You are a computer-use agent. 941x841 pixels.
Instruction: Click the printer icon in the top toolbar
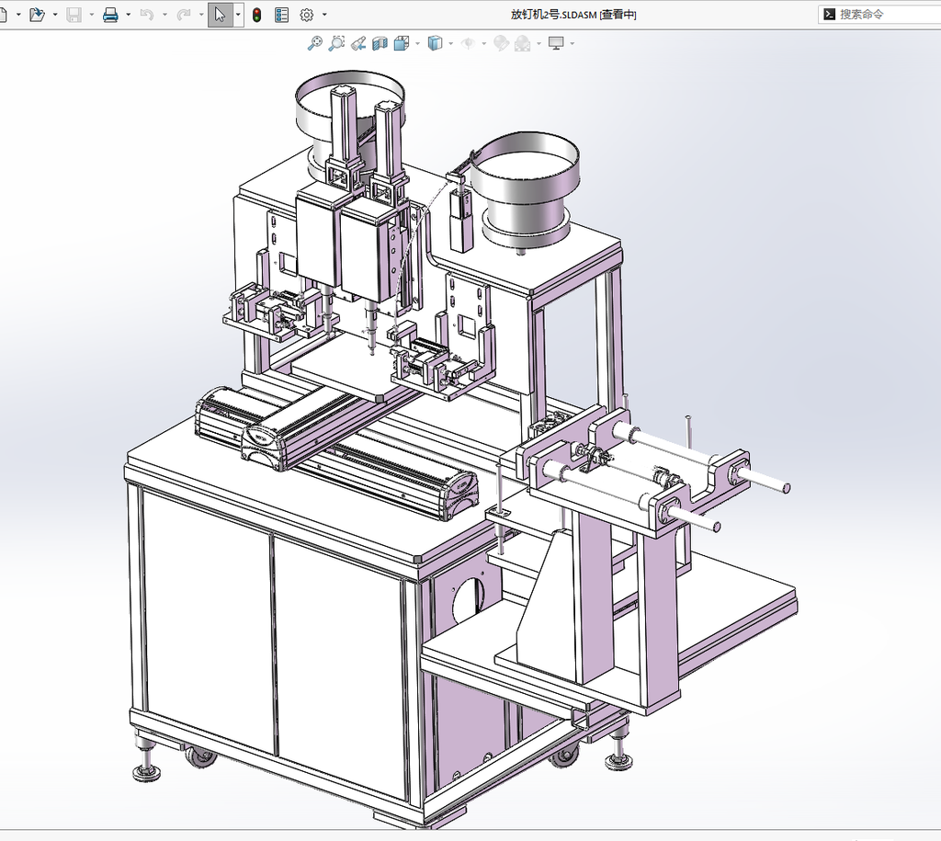[110, 15]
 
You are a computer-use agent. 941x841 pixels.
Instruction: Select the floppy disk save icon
[74, 15]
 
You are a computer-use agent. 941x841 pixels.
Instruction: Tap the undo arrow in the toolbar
[147, 15]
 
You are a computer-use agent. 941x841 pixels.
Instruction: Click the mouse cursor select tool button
[220, 15]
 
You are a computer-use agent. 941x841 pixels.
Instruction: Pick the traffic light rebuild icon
[257, 15]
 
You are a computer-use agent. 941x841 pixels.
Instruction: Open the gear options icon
[307, 15]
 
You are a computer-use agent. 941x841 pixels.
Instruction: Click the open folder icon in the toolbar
[37, 15]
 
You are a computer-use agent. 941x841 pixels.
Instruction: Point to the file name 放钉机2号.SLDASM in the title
[553, 15]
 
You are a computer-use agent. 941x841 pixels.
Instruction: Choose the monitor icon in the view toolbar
[556, 43]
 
